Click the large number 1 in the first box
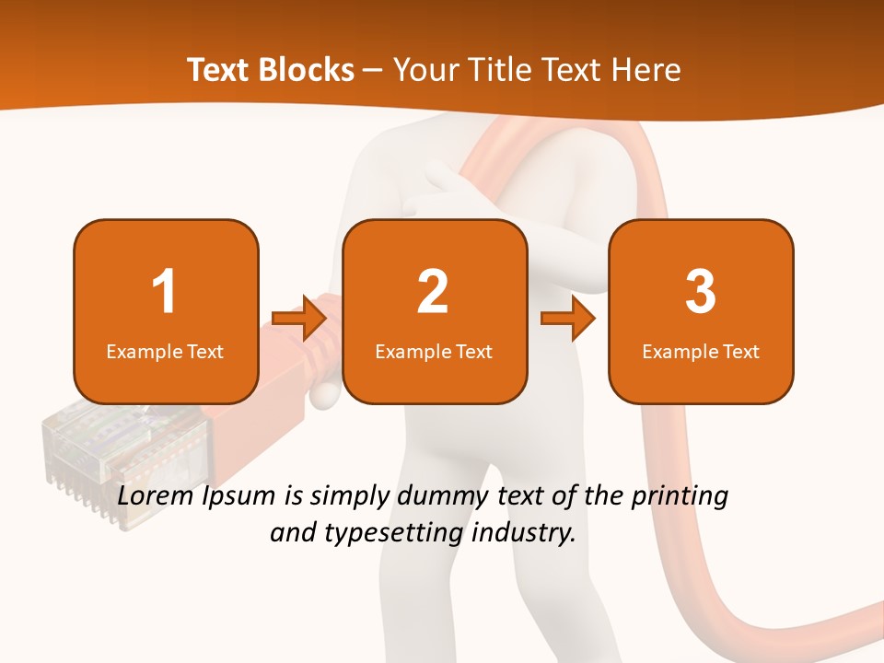tap(164, 292)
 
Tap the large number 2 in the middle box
tap(433, 292)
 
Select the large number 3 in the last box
tap(701, 292)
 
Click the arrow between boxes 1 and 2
tap(300, 318)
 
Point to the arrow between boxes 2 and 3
tap(568, 318)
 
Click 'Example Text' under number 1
tap(165, 351)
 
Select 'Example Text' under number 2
tap(434, 351)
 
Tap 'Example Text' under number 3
tap(701, 351)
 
